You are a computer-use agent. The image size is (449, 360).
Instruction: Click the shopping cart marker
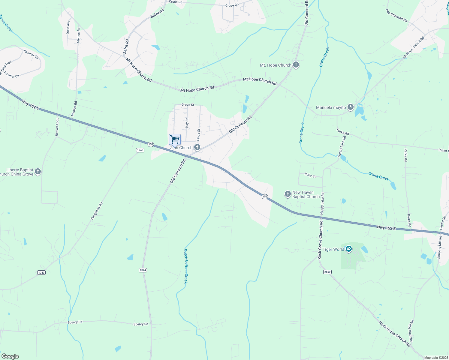(x=175, y=139)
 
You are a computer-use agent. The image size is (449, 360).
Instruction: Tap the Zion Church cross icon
(x=197, y=147)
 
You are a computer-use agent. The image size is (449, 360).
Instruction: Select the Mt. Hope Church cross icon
(x=296, y=65)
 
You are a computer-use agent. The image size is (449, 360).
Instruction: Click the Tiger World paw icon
(x=348, y=249)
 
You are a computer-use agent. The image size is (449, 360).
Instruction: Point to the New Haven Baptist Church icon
(x=288, y=194)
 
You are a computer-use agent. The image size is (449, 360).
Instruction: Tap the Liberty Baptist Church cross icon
(x=38, y=172)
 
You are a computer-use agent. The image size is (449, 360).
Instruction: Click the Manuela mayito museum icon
(x=350, y=107)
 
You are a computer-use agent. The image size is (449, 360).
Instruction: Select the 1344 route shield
(x=143, y=270)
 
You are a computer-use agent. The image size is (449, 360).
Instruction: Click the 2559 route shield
(x=327, y=272)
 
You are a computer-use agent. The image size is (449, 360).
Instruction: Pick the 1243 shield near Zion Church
(x=140, y=150)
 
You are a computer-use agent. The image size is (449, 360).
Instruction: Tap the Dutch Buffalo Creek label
(x=185, y=266)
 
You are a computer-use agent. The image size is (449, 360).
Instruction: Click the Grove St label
(x=188, y=105)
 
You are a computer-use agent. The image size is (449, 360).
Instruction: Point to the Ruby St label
(x=310, y=175)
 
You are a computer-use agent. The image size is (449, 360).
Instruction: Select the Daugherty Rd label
(x=97, y=211)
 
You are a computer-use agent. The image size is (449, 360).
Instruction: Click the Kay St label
(x=187, y=123)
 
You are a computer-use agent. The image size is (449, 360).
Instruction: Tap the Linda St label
(x=198, y=135)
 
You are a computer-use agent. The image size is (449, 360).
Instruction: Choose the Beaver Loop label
(x=57, y=127)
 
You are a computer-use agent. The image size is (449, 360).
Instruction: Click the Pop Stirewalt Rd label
(x=396, y=16)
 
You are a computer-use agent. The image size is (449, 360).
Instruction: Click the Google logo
(x=10, y=356)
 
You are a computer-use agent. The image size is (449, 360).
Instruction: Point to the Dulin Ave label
(x=68, y=27)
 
